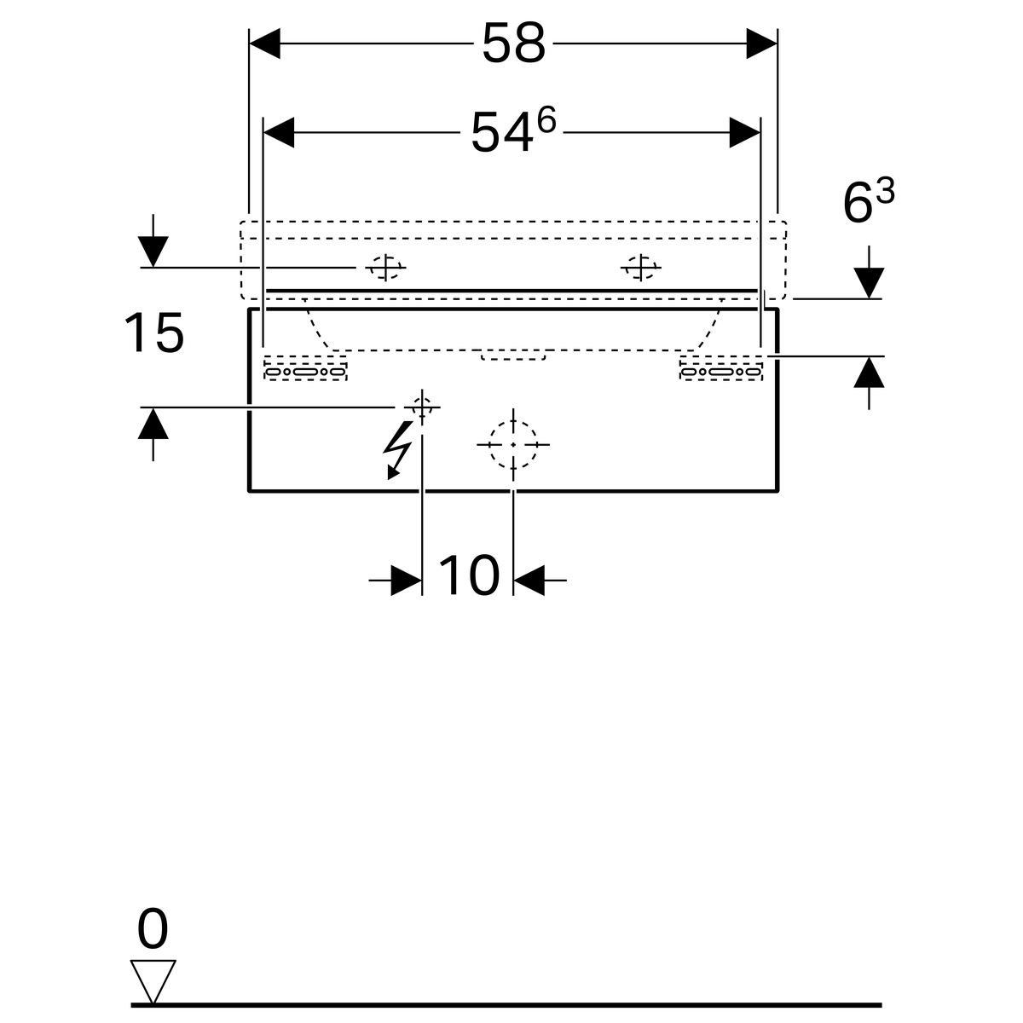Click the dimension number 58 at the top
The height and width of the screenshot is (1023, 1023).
pos(513,43)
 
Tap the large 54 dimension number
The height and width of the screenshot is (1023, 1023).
pos(501,133)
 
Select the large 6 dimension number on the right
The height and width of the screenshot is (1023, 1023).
pos(858,204)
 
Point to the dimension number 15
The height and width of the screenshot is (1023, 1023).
pos(154,332)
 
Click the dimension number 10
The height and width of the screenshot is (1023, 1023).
pos(469,575)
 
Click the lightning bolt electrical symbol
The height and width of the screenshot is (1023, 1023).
pos(399,450)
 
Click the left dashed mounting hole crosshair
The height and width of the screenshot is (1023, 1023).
pos(385,268)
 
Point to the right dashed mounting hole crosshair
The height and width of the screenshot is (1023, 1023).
pos(641,268)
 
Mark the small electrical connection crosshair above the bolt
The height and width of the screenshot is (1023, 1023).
pos(422,407)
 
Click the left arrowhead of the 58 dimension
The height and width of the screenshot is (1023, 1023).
pos(264,43)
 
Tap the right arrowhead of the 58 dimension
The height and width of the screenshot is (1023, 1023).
pos(762,43)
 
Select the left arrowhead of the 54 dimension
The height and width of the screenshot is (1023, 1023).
pos(279,133)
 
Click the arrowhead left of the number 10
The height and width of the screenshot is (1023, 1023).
pos(407,581)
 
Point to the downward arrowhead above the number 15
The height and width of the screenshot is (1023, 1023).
pos(153,251)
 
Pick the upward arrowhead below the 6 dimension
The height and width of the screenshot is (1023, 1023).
pos(869,373)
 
